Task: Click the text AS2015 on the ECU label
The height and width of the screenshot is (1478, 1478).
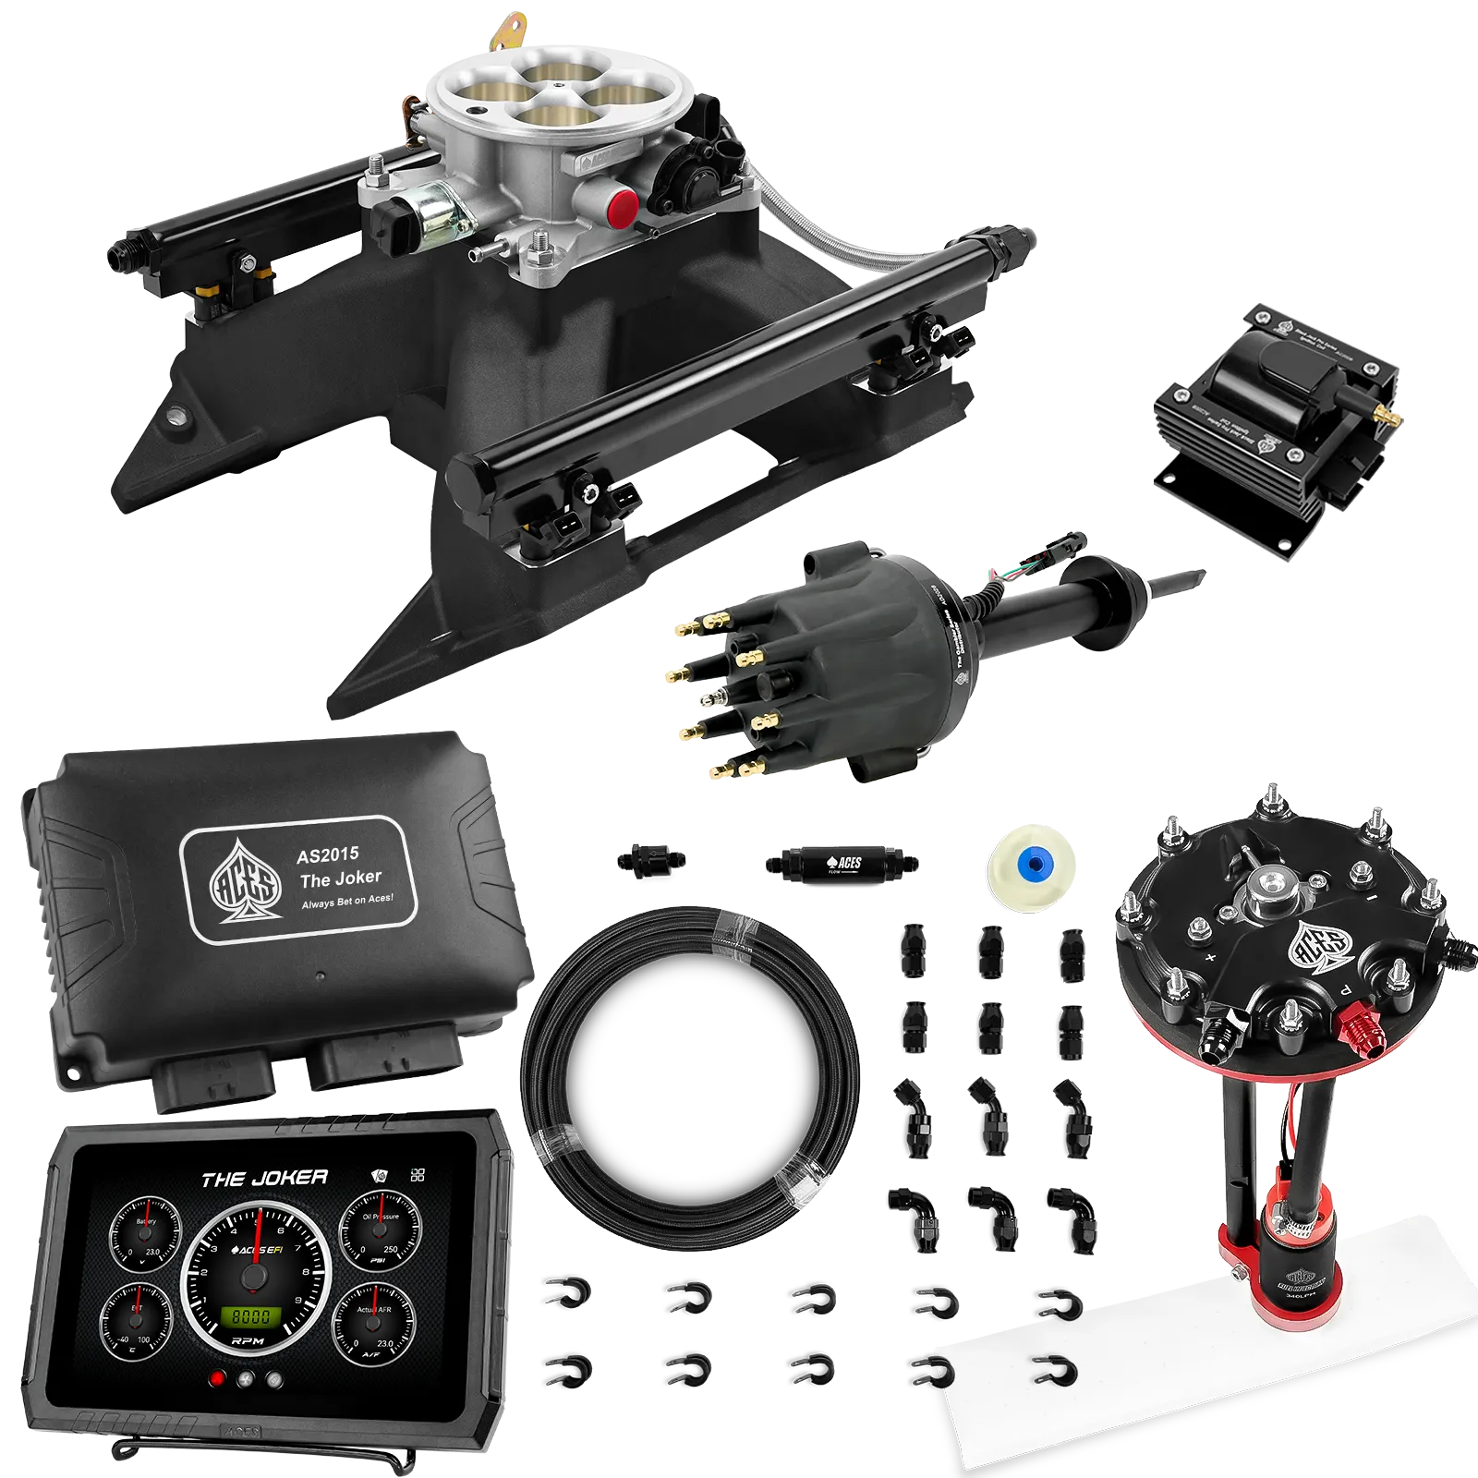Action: tap(328, 854)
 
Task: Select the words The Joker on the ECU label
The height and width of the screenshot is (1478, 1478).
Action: tap(341, 878)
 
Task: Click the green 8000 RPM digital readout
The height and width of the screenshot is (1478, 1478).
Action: tap(250, 1316)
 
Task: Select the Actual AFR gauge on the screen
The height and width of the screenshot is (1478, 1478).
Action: tap(373, 1323)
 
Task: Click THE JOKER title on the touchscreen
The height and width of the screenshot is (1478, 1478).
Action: tap(264, 1179)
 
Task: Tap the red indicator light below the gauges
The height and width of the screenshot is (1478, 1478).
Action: tap(218, 1379)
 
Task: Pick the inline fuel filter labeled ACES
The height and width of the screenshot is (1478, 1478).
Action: tap(840, 864)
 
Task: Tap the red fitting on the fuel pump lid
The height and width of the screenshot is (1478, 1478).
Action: tap(1359, 1024)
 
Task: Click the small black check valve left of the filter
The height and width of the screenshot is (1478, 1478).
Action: tap(650, 859)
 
